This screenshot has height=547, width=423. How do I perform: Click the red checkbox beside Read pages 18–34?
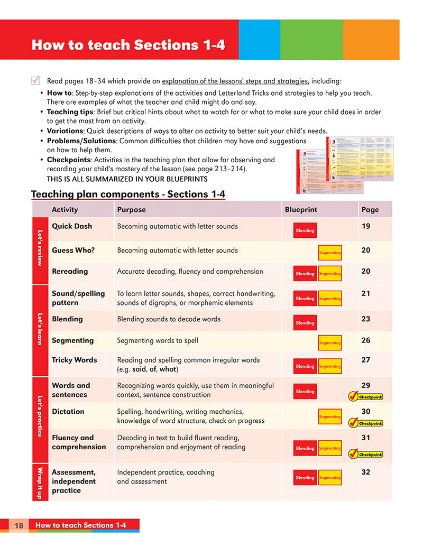[x=36, y=80]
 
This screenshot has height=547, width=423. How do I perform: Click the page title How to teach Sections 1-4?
[x=128, y=44]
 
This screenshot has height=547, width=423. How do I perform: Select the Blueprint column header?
[x=301, y=209]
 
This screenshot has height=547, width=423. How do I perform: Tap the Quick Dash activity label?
[x=72, y=226]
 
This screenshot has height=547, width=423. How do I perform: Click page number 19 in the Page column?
[x=366, y=226]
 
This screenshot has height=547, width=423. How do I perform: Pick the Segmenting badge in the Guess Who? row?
[x=329, y=253]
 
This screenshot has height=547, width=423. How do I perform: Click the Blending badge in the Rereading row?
[x=305, y=274]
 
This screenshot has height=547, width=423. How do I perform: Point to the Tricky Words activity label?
[x=75, y=360]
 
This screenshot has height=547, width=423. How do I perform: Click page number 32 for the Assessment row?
[x=366, y=472]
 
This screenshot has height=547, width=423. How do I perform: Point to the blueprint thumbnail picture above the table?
[x=343, y=164]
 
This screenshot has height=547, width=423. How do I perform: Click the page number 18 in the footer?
[x=19, y=525]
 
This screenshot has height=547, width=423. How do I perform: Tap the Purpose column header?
[x=131, y=209]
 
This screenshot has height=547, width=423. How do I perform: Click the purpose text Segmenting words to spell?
[x=158, y=340]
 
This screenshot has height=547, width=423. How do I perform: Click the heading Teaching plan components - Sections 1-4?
[x=128, y=194]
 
